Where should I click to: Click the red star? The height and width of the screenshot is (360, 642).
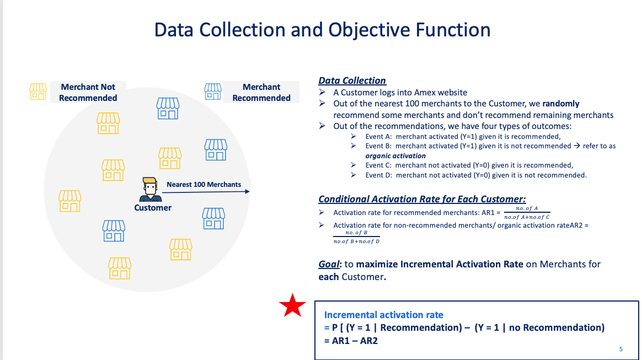pyautogui.click(x=292, y=306)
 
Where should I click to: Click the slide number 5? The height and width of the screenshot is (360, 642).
pyautogui.click(x=621, y=349)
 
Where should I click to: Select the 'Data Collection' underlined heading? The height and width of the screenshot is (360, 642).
pyautogui.click(x=352, y=80)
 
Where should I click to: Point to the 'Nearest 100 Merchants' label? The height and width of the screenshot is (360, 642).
pyautogui.click(x=204, y=184)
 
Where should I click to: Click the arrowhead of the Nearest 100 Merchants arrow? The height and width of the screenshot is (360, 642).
pyautogui.click(x=247, y=192)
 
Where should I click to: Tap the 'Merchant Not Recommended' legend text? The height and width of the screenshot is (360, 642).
pyautogui.click(x=88, y=93)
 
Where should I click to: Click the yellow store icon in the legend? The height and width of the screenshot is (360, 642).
pyautogui.click(x=38, y=91)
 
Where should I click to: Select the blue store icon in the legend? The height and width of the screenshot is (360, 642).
pyautogui.click(x=213, y=91)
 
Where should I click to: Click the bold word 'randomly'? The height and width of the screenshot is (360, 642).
pyautogui.click(x=561, y=104)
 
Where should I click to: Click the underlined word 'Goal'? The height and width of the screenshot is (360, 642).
pyautogui.click(x=329, y=264)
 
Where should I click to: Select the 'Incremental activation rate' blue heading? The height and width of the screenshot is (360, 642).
pyautogui.click(x=383, y=315)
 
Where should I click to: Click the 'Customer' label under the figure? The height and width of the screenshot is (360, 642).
pyautogui.click(x=153, y=208)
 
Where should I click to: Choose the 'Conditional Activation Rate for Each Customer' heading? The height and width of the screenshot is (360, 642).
pyautogui.click(x=422, y=199)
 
